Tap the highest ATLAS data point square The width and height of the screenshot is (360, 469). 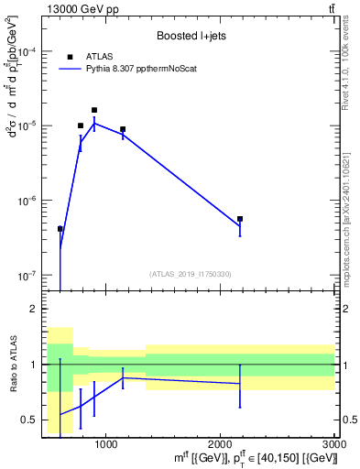[94, 110]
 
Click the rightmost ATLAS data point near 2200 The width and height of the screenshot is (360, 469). [240, 219]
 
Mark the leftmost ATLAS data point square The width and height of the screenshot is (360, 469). [60, 229]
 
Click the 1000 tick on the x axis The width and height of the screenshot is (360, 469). [105, 444]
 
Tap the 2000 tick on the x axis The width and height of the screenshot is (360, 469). [220, 444]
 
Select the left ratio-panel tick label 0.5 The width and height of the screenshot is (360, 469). [30, 420]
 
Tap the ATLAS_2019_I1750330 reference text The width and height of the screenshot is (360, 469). [190, 274]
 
